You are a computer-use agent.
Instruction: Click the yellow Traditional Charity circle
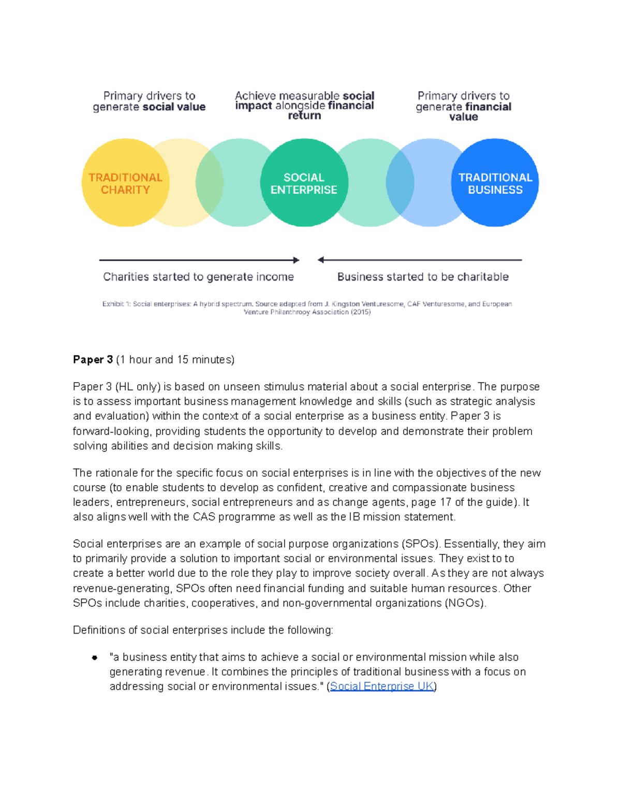tap(125, 183)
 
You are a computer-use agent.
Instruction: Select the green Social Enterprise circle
tap(304, 183)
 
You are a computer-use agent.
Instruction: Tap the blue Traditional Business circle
tap(495, 183)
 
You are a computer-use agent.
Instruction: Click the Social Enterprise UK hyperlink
tap(382, 686)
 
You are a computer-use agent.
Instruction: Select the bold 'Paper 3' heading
tap(93, 360)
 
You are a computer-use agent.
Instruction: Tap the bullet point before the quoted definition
tap(95, 657)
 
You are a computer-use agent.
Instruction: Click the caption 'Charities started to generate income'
tap(198, 277)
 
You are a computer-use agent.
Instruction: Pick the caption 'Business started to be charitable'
tap(423, 277)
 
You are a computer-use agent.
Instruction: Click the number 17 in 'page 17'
tap(446, 502)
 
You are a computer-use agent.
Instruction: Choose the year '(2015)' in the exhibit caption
tap(361, 312)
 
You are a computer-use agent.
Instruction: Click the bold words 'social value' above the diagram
tap(174, 107)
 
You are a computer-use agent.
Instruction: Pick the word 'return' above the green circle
tap(304, 115)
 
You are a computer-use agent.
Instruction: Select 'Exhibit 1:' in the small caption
tap(116, 304)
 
